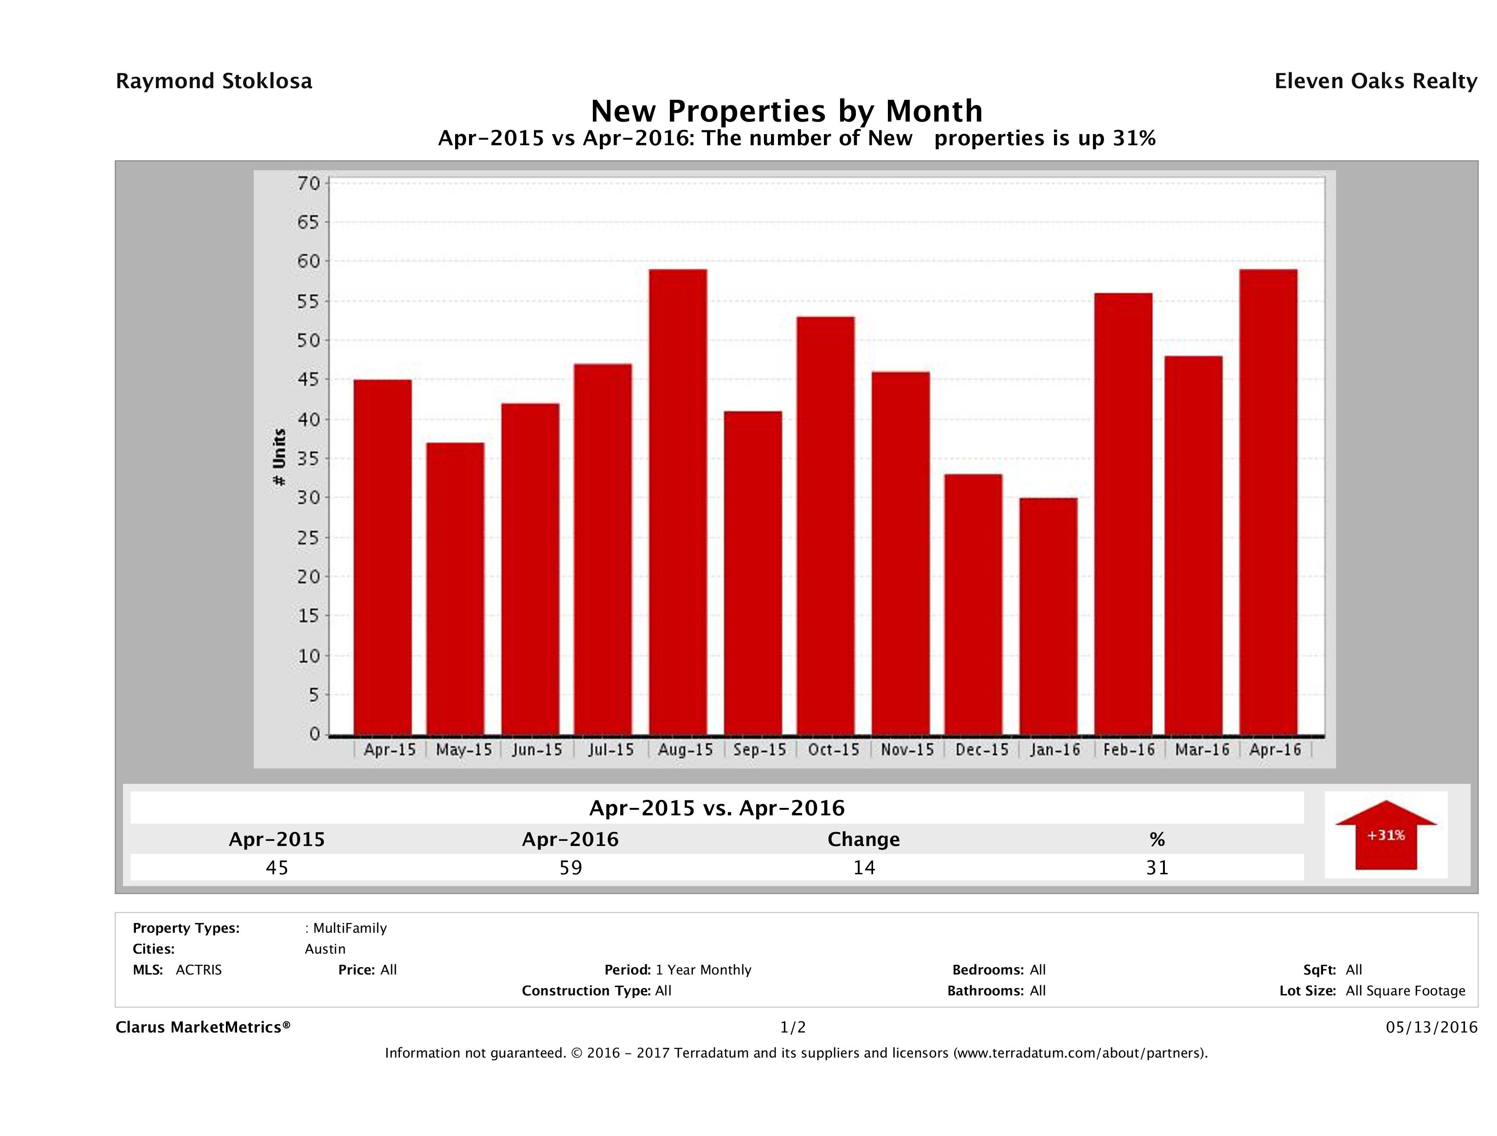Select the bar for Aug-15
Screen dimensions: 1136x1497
[x=678, y=502]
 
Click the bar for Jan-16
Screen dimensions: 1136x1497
[x=1048, y=616]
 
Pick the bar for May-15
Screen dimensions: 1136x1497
[x=456, y=588]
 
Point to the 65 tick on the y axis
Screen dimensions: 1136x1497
[x=308, y=222]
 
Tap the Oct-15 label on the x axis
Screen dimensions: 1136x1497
[x=834, y=750]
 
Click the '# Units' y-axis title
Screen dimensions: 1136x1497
[x=279, y=458]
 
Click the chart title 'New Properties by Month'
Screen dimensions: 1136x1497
[x=786, y=110]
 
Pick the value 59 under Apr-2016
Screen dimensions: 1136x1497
[x=571, y=868]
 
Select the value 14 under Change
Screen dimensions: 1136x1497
[x=864, y=868]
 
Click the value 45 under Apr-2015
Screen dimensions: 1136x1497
[x=277, y=868]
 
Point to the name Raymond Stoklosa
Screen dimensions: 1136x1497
[x=214, y=81]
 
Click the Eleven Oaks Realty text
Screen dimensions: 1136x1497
[x=1375, y=81]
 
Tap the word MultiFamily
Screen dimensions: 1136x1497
[x=350, y=928]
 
